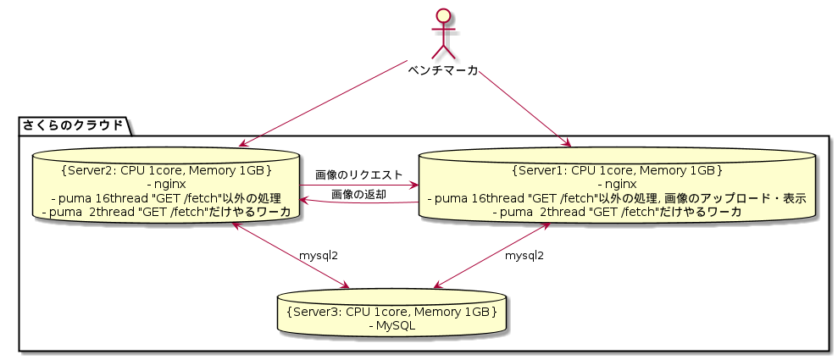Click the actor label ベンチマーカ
(442, 70)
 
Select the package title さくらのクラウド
(73, 125)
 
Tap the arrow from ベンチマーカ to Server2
(324, 103)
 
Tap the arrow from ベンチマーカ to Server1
(524, 108)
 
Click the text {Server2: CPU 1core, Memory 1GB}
(166, 171)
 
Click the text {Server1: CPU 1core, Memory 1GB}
(618, 171)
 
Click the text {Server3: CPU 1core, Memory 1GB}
(392, 312)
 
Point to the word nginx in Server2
(166, 185)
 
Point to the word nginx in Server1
(618, 185)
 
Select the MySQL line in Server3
(392, 325)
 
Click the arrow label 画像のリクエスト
(358, 174)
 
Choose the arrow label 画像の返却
(358, 195)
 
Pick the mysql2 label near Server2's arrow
(319, 256)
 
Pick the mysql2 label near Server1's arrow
(524, 256)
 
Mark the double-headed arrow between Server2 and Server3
(290, 255)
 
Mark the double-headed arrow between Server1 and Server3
(492, 255)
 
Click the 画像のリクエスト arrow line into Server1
(358, 186)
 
